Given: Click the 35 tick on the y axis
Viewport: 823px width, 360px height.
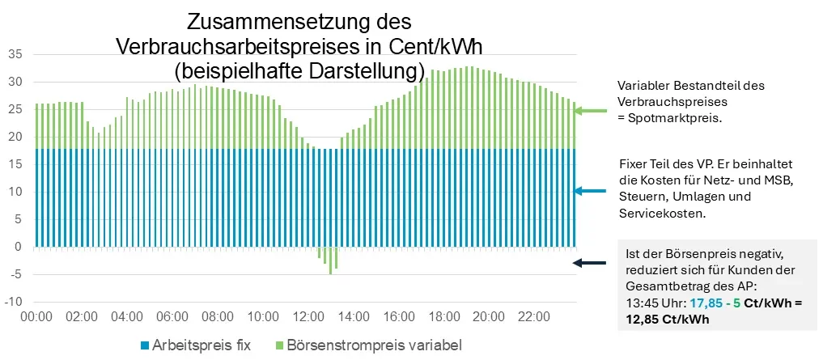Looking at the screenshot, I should point(15,55).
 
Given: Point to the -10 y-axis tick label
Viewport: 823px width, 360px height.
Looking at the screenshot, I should point(13,302).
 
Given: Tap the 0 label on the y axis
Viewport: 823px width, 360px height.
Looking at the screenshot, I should point(18,247).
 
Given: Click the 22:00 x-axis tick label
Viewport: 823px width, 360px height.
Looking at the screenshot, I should point(532,316).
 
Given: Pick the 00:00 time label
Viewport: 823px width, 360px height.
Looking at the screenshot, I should point(36,316).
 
